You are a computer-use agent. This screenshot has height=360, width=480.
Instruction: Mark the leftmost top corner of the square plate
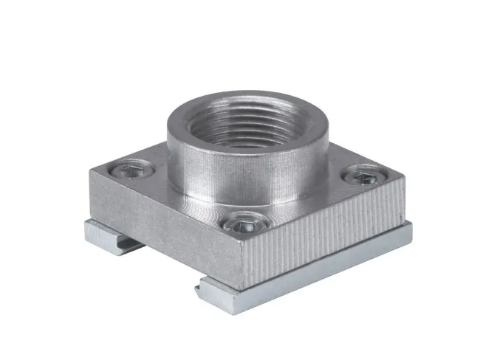[x=92, y=171]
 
